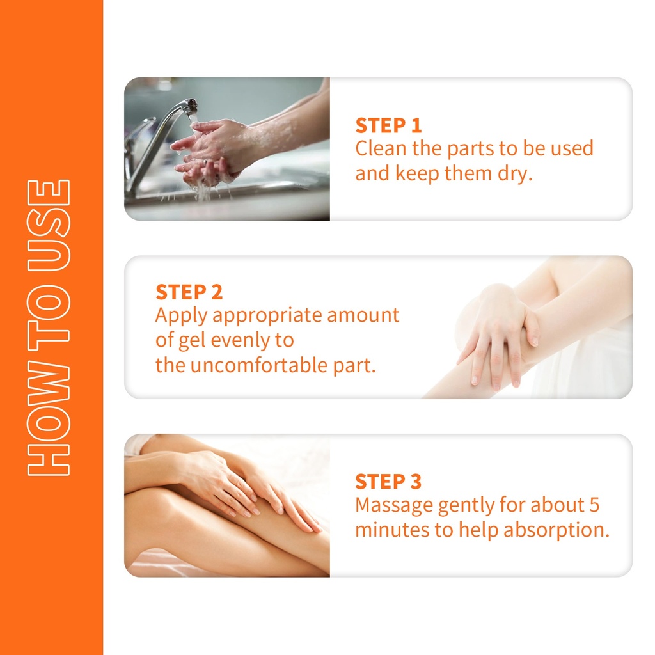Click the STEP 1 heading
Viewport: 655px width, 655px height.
(388, 125)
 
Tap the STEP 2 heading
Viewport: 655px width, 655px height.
(189, 292)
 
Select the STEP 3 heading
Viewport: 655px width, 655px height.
(388, 482)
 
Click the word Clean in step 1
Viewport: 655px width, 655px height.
(380, 148)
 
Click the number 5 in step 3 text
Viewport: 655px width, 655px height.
(594, 505)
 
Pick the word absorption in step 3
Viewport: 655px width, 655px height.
(556, 530)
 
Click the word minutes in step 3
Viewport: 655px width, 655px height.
(392, 530)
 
